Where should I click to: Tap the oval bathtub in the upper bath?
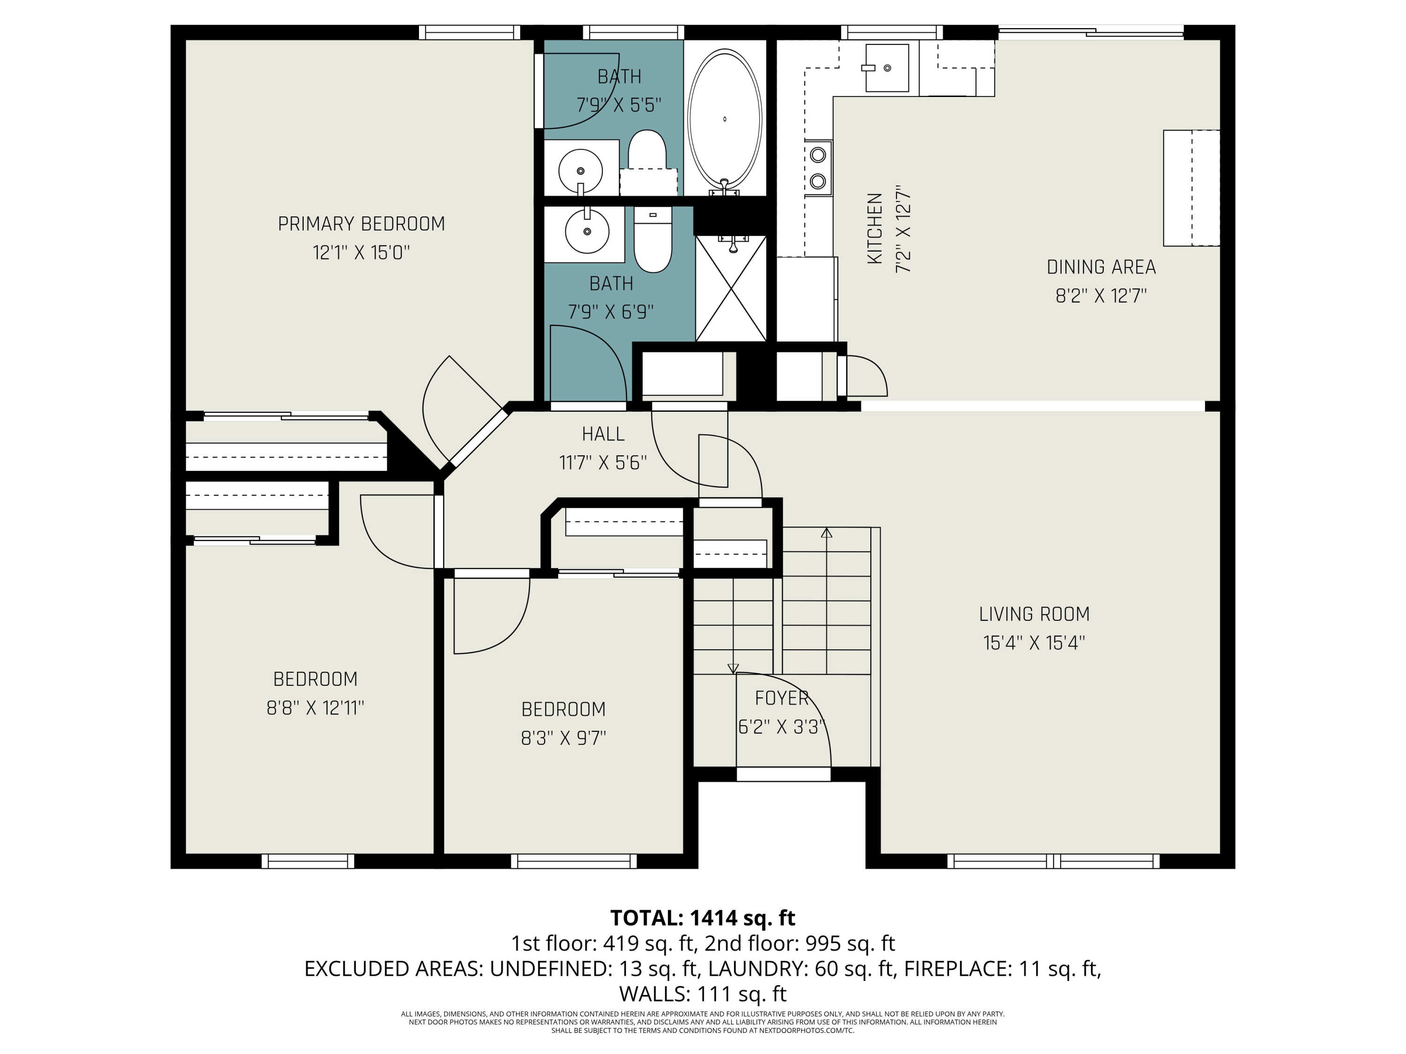click(725, 119)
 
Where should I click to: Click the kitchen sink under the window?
click(887, 68)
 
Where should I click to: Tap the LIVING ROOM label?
click(1034, 614)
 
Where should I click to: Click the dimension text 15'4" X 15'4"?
click(1034, 643)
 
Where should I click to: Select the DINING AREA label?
click(1101, 267)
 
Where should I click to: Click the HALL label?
click(603, 434)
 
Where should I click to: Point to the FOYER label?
click(782, 698)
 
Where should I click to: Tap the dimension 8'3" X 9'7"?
click(563, 738)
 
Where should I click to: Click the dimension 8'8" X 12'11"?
click(315, 708)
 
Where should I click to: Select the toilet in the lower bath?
click(653, 239)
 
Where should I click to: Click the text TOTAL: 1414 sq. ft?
click(703, 918)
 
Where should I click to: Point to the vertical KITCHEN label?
click(875, 229)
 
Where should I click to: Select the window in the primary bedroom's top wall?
click(470, 32)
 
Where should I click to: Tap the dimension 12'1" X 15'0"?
click(361, 253)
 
